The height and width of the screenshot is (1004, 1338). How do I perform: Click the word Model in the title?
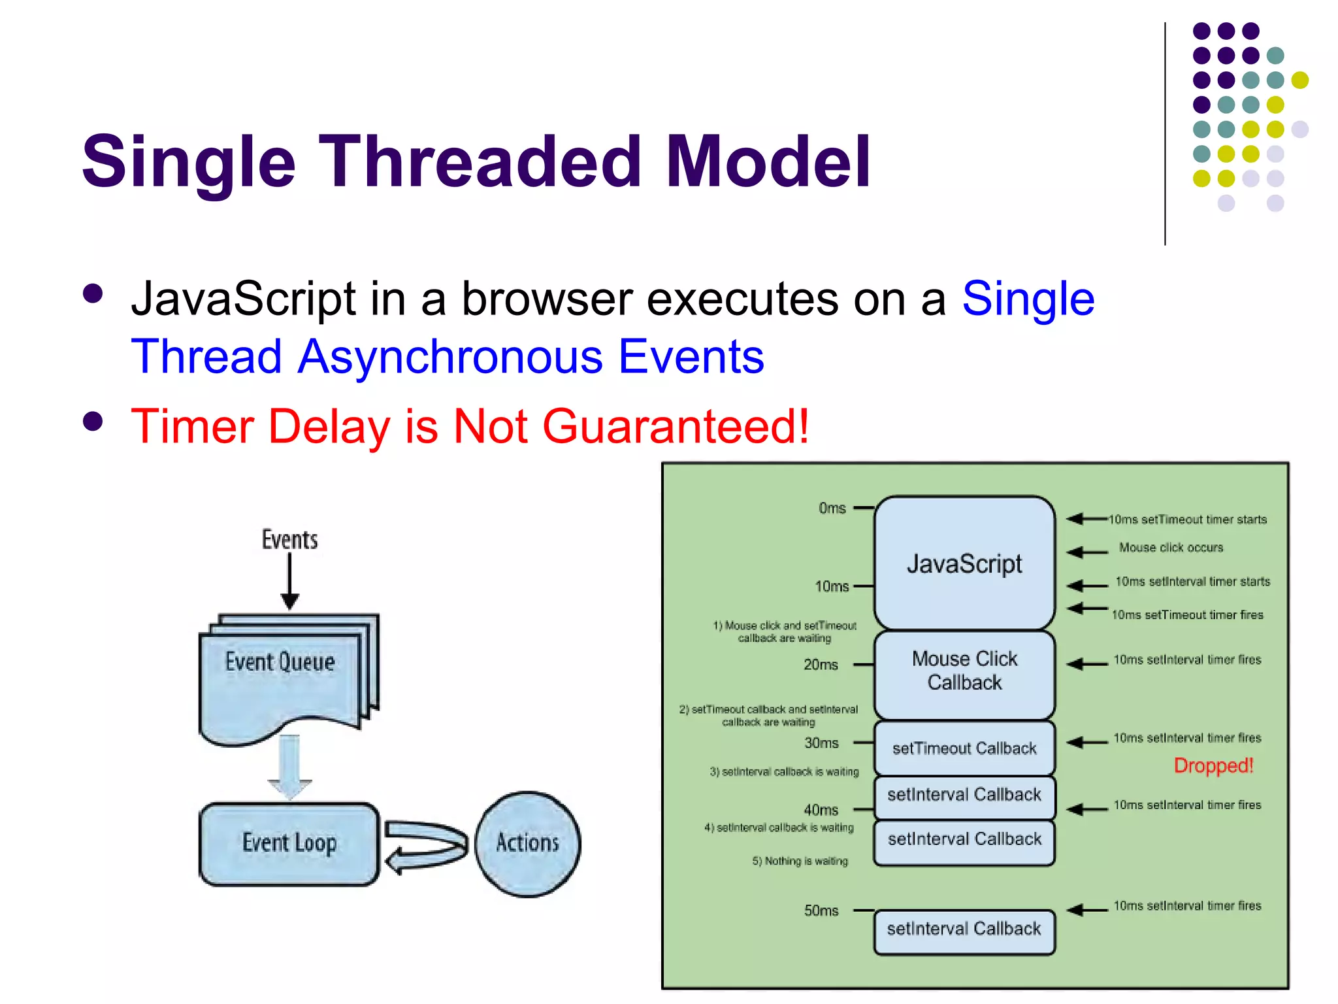[768, 161]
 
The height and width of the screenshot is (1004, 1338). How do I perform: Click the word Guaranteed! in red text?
[676, 426]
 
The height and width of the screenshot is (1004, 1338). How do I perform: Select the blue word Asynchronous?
[450, 357]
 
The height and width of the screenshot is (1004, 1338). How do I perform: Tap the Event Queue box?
[281, 673]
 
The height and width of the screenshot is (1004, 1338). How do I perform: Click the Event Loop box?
[289, 843]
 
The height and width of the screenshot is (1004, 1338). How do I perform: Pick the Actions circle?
[527, 843]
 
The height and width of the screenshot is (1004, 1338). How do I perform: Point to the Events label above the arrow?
[289, 540]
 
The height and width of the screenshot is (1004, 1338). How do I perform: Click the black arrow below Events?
[289, 582]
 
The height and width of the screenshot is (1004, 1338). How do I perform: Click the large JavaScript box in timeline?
[964, 563]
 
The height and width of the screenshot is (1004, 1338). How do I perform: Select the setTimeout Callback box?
[964, 748]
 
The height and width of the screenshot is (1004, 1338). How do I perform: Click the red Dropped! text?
[1213, 765]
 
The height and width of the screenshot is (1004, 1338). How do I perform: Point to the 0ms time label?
[832, 508]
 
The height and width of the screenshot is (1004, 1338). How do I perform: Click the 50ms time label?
[821, 911]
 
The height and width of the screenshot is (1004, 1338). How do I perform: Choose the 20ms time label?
[821, 665]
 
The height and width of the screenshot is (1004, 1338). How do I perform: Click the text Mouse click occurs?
[1171, 548]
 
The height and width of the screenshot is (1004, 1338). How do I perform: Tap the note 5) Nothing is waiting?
[800, 861]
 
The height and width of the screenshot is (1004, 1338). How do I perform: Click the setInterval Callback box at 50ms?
[964, 930]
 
